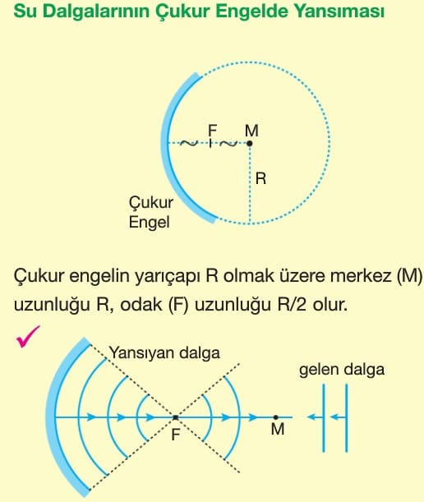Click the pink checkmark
pos(27,337)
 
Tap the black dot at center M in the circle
pos(250,144)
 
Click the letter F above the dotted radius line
pos(212,131)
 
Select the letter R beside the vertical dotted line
pos(260,178)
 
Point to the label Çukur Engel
pos(151,212)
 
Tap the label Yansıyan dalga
pos(164,352)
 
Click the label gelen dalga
pos(342,370)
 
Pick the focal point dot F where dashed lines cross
pos(176,417)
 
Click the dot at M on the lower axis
pos(276,417)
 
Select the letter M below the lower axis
pos(278,429)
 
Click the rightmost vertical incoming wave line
pos(347,418)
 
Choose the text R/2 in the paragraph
pos(293,305)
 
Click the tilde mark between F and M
pos(228,144)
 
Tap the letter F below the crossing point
pos(176,435)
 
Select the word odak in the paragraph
pos(141,305)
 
